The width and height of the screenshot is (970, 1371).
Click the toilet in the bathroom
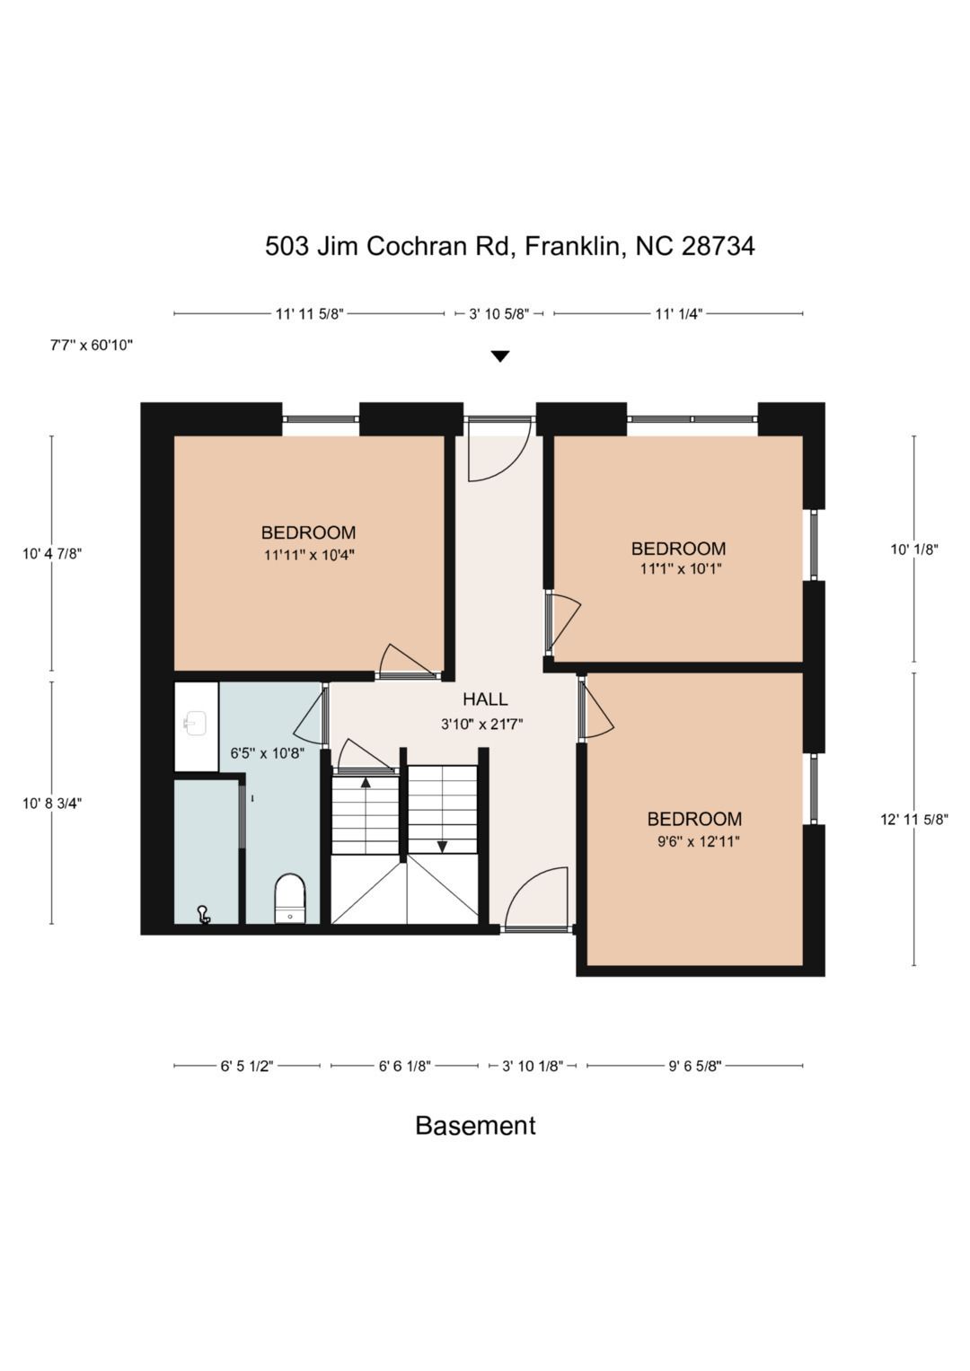click(289, 898)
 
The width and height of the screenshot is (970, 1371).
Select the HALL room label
click(485, 699)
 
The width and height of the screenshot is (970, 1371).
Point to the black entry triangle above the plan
click(500, 356)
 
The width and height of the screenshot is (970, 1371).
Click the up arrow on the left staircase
click(366, 782)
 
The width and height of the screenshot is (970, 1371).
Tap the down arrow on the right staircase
click(442, 847)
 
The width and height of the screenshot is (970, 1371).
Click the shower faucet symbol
click(203, 914)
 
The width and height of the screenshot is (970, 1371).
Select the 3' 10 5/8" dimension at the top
click(499, 314)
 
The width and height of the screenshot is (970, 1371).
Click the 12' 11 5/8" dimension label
click(914, 820)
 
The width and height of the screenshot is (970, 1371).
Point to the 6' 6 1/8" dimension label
click(405, 1067)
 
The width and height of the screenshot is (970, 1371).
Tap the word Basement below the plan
click(475, 1125)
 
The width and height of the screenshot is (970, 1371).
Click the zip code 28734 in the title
click(718, 246)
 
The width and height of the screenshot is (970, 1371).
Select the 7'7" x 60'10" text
click(92, 345)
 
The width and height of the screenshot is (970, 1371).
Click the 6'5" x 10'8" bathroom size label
click(267, 752)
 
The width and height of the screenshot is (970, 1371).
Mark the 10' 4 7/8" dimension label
click(52, 554)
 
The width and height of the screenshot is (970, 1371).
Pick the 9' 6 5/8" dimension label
click(695, 1067)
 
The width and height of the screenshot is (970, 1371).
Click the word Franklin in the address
click(575, 246)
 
